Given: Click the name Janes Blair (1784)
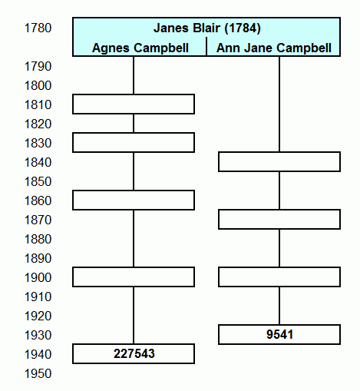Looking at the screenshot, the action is click(207, 28).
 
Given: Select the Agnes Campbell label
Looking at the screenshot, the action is click(140, 48).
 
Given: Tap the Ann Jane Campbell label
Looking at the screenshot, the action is click(274, 48).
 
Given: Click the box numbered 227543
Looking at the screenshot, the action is click(134, 354).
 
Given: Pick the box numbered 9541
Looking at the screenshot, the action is click(279, 335).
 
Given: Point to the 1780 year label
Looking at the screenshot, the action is click(38, 28).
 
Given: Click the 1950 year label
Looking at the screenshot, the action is click(38, 373).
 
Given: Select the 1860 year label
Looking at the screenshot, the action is click(38, 200).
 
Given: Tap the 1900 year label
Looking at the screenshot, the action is click(38, 277).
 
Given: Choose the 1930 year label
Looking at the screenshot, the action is click(38, 335).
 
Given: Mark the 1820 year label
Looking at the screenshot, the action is click(38, 124).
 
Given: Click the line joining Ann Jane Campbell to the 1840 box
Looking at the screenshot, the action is click(279, 104).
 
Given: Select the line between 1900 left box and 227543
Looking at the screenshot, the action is click(134, 316).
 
